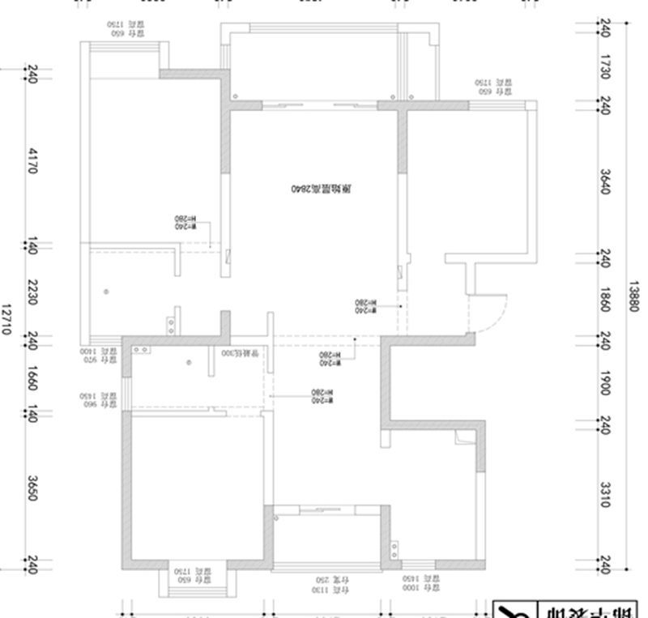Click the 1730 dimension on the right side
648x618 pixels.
click(604, 66)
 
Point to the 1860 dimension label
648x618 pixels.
click(604, 298)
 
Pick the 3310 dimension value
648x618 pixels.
click(604, 493)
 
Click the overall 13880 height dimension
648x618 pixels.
click(633, 297)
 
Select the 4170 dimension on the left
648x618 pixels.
click(32, 160)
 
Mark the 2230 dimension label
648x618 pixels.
click(32, 292)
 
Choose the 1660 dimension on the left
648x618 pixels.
click(32, 378)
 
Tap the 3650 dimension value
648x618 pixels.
click(32, 488)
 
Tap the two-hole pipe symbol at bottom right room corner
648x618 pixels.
click(394, 550)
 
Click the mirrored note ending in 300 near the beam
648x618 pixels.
click(242, 354)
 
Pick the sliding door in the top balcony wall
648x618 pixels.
click(319, 104)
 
